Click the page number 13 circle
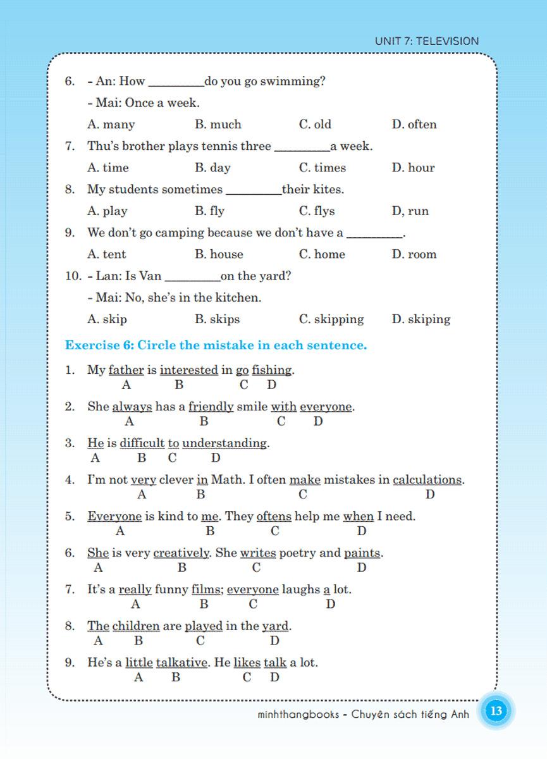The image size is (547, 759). pos(496,711)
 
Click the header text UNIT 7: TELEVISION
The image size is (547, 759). pos(427,41)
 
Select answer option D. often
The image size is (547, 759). pos(414,125)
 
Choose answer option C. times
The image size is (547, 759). pos(323,168)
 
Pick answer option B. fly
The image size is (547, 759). pos(210,211)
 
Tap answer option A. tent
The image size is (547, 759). pos(107,254)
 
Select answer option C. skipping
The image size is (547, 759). pos(331,319)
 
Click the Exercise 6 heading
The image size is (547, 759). pos(216,345)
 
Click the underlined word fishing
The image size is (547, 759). pos(272,370)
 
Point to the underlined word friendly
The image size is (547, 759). pos(211,407)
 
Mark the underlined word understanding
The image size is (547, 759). pos(224,443)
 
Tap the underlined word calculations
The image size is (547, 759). pos(427,480)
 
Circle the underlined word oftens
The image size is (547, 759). pos(274,517)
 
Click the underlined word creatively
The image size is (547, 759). pos(181,553)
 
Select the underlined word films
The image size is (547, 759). pos(206,590)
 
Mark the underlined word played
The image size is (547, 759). pos(204,627)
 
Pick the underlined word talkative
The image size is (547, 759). pos(181,663)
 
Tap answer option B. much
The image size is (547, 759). pos(218,125)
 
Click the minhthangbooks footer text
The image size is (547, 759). pos(364,715)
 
